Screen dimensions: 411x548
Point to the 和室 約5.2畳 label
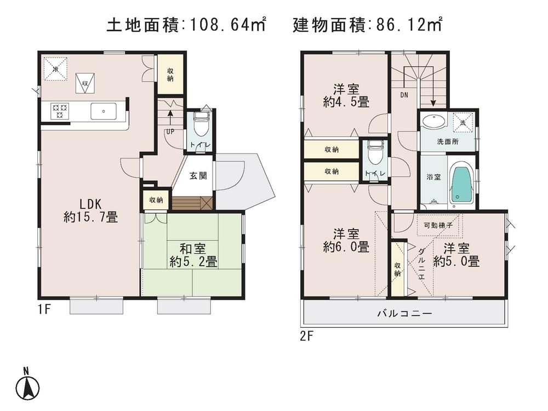coord(193,255)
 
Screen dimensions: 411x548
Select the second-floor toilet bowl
coord(375,152)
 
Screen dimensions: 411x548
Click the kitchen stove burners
coord(59,111)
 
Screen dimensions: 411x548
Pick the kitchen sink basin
coord(103,111)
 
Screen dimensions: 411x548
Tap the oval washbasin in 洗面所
coord(435,121)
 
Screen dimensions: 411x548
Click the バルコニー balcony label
coord(404,314)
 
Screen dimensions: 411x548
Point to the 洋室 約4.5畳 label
coord(345,95)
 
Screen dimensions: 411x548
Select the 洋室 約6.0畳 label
coord(345,239)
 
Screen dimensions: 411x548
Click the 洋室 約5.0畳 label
coord(456,254)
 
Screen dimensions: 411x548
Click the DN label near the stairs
coord(404,95)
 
